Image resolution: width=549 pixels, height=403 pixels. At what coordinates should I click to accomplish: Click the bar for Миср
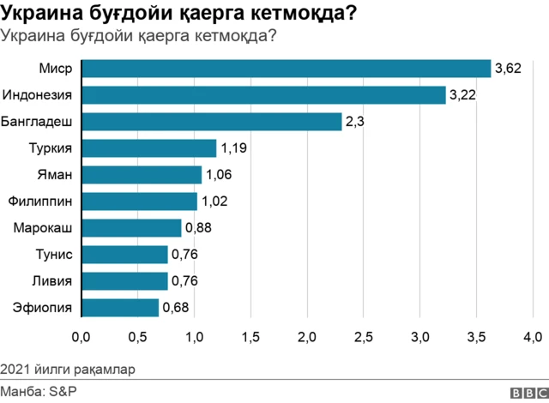point(286,69)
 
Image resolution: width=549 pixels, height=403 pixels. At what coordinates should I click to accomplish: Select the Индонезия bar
point(263,95)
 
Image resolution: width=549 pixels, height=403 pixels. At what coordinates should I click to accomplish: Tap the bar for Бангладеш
point(211,122)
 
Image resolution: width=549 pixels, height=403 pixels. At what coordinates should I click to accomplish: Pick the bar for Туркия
point(148,148)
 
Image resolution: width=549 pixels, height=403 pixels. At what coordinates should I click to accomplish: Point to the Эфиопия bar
point(120,307)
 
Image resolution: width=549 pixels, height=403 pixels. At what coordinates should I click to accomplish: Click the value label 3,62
point(509,69)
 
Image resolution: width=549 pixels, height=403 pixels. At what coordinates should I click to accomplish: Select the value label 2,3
point(355,122)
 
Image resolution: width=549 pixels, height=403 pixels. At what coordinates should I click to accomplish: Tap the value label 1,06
point(219,175)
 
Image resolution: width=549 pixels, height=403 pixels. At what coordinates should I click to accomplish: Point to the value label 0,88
point(198,228)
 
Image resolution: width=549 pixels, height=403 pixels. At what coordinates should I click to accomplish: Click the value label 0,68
point(176,307)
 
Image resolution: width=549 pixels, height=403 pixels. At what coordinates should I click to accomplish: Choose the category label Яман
point(53,175)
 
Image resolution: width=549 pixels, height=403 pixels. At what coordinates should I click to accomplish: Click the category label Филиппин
point(39,201)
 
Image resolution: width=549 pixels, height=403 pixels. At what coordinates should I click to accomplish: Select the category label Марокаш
point(42,228)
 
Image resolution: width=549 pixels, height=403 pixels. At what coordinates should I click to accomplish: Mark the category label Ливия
point(51,280)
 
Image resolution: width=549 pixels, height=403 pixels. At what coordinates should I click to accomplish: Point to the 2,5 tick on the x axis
point(364,336)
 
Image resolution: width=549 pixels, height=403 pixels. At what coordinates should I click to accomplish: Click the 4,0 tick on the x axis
point(533,336)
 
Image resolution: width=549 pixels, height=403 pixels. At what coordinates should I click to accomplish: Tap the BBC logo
point(527,392)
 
